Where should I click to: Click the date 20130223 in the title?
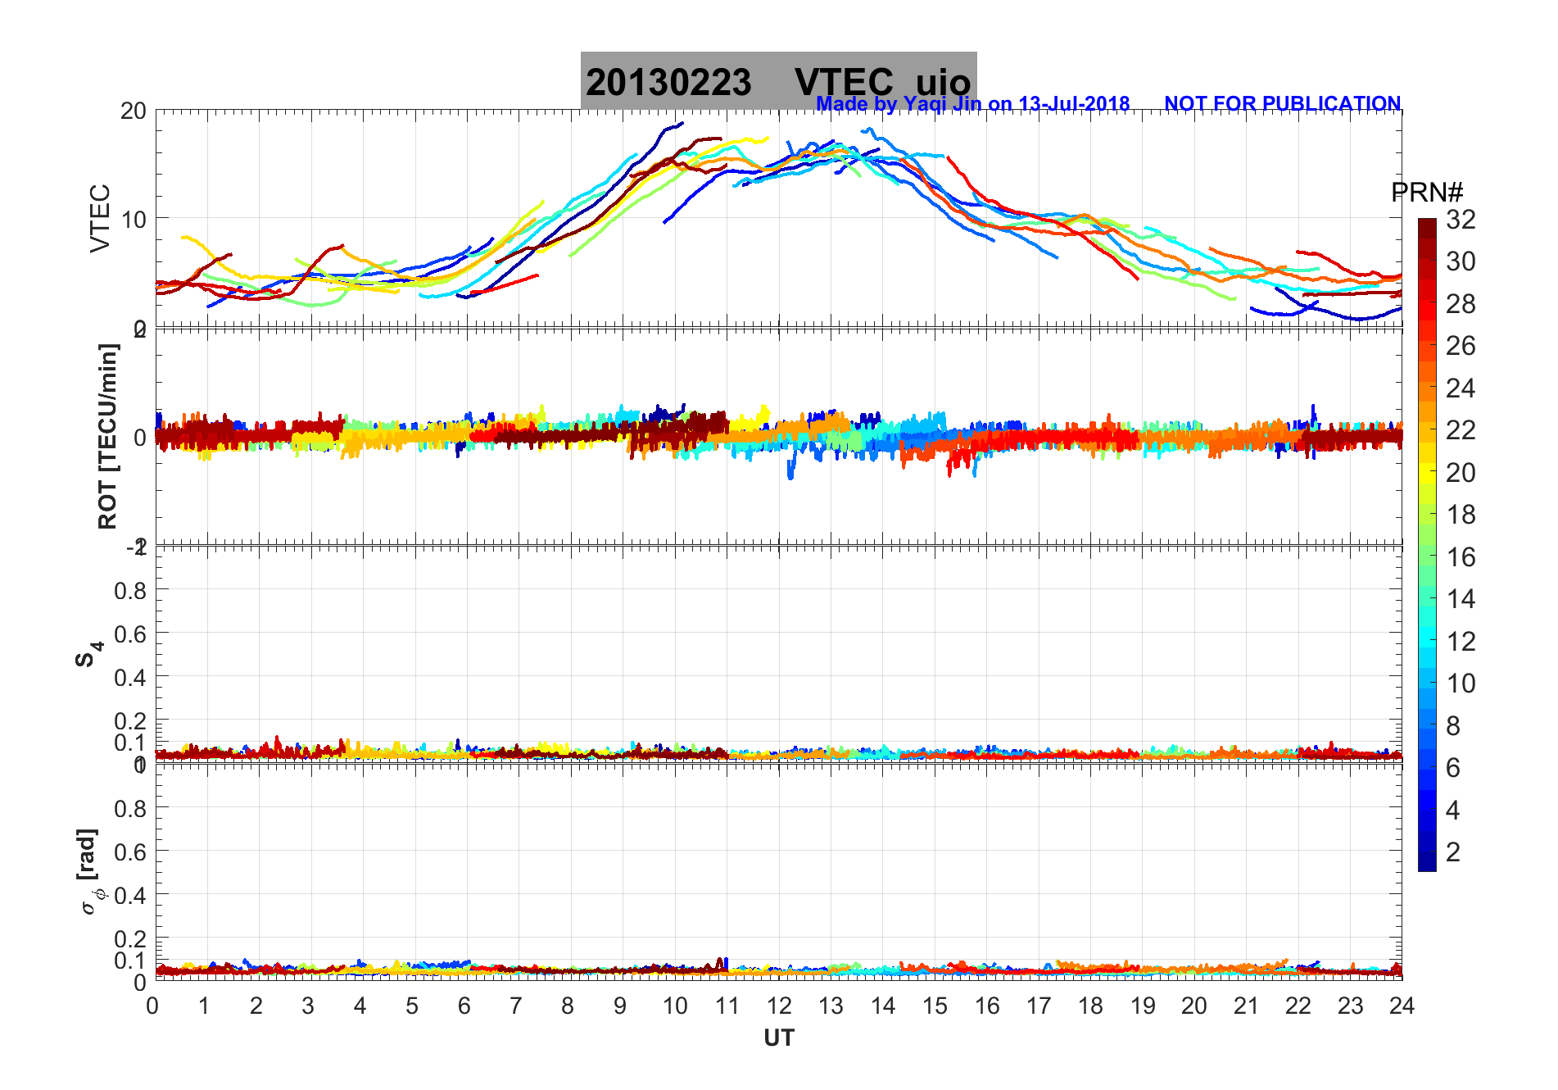[668, 83]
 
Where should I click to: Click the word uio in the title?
[943, 83]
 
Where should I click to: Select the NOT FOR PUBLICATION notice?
[1282, 104]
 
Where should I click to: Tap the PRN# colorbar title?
[1427, 193]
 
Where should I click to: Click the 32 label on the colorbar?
[1461, 220]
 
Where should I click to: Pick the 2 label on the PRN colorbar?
[1453, 852]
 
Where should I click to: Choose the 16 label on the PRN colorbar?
[1461, 557]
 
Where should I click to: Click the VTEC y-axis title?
[100, 218]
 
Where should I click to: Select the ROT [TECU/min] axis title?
[107, 436]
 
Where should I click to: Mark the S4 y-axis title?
[89, 655]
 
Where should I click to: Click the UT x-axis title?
[778, 1038]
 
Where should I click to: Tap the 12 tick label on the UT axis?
[778, 1006]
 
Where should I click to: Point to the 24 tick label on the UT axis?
[1401, 1006]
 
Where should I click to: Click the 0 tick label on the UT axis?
[153, 1006]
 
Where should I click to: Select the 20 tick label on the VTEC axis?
[133, 111]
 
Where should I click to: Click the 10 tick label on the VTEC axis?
[133, 219]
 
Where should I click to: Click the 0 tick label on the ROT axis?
[139, 437]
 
